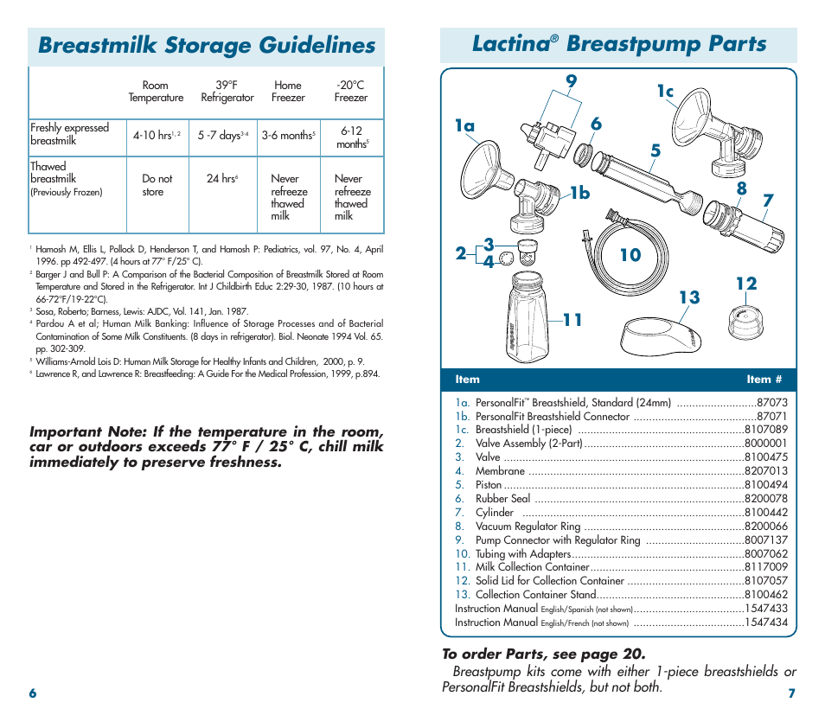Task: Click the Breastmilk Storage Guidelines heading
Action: (207, 45)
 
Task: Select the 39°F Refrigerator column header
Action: (227, 92)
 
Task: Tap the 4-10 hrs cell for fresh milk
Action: (156, 135)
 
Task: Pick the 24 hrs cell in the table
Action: (222, 179)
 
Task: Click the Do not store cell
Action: (157, 185)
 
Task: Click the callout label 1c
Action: (664, 92)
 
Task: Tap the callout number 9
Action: (571, 81)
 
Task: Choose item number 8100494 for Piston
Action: (765, 485)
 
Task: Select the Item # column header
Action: (764, 379)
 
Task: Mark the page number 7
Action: (791, 693)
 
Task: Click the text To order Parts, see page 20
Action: (543, 654)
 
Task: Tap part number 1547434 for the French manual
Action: (766, 622)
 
